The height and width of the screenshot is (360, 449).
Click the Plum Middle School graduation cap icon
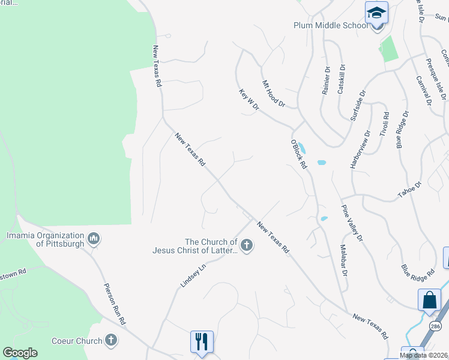point(376,12)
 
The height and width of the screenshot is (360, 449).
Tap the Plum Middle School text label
point(331,25)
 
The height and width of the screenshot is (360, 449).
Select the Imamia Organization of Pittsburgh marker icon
point(93,240)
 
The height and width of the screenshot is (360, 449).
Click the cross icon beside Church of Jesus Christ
point(247,245)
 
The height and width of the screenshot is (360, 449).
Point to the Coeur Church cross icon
point(110,341)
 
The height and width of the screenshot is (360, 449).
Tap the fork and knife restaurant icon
point(202,341)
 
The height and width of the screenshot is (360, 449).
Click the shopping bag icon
point(430,300)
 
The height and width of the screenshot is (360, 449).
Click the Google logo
point(20,353)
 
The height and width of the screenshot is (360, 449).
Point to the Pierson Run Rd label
point(114,304)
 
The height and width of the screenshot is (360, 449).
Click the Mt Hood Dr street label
point(273,94)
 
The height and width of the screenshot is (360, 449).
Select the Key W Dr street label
point(248,100)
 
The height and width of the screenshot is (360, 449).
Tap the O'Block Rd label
point(298,154)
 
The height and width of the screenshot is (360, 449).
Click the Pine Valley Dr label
point(352,223)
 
